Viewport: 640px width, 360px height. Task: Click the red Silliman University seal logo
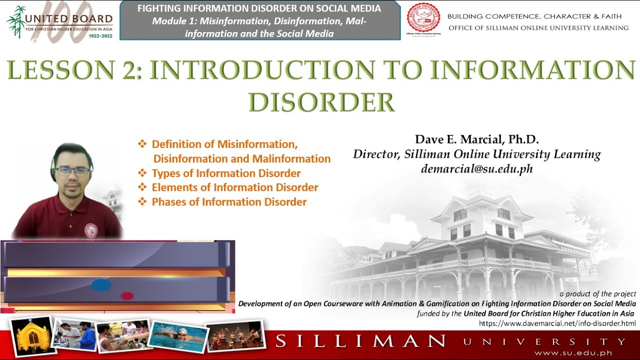click(x=423, y=18)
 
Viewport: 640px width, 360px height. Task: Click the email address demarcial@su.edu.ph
click(x=476, y=169)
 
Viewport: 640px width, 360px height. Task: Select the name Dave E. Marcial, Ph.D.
click(x=476, y=139)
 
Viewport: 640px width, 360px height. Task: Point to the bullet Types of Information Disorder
click(x=226, y=173)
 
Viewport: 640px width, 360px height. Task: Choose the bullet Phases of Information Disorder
click(x=229, y=202)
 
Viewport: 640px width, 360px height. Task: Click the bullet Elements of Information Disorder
click(x=235, y=187)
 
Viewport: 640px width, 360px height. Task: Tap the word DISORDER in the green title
click(x=321, y=102)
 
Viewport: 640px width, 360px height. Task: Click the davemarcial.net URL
click(x=557, y=323)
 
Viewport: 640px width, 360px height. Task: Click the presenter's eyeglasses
click(x=73, y=170)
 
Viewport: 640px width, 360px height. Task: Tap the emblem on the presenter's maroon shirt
click(x=91, y=229)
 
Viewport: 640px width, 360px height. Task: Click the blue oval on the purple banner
click(x=101, y=285)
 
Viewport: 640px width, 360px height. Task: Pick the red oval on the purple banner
click(x=127, y=296)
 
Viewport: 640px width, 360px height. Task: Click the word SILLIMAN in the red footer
click(x=360, y=342)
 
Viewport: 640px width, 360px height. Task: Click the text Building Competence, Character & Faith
click(x=534, y=16)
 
